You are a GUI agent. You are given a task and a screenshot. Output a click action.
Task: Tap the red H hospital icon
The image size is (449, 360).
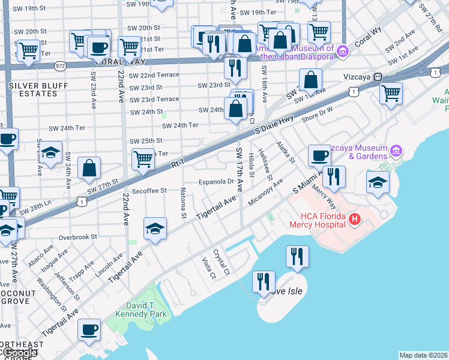pos(354,220)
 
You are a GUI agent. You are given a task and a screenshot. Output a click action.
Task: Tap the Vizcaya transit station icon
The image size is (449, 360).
pos(378,77)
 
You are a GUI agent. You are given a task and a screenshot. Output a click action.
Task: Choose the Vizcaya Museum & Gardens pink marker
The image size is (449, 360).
pos(395,150)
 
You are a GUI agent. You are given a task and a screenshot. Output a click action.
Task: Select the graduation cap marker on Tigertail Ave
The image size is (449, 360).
pos(155,229)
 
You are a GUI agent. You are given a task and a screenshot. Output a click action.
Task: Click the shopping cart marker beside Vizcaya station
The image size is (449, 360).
pos(391,93)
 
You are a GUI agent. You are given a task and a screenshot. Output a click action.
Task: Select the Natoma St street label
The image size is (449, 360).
pos(183,203)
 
